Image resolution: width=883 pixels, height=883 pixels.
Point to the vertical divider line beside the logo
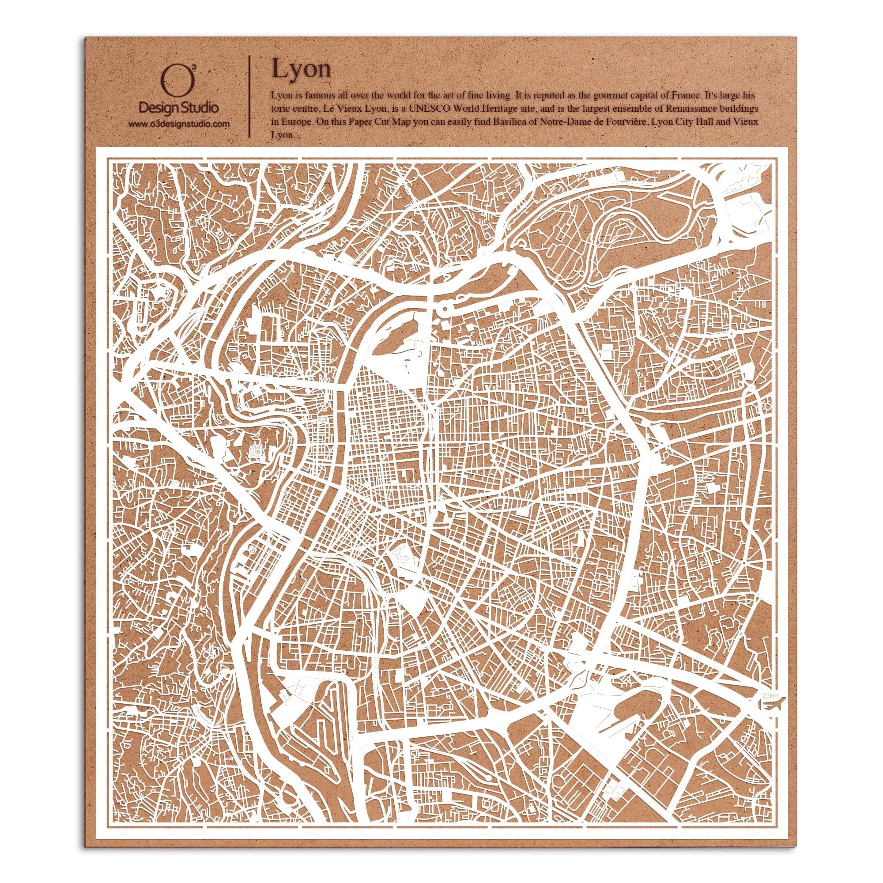click(249, 97)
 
